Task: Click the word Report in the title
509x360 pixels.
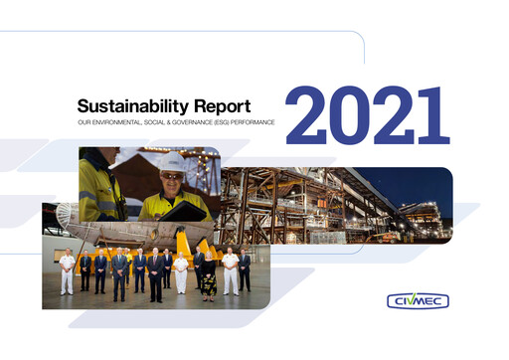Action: pos(222,104)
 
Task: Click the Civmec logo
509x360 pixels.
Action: pos(418,299)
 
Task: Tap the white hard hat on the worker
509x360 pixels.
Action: pos(173,161)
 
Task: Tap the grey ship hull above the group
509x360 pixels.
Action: pos(109,231)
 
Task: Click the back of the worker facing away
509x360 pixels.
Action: pos(99,189)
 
